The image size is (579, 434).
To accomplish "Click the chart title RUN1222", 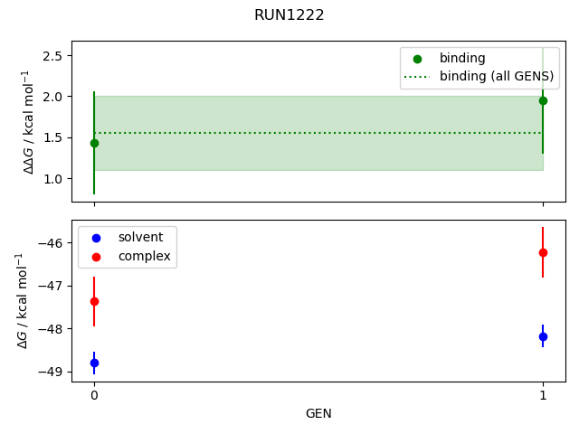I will click(x=289, y=15).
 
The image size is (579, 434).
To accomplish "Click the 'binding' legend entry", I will click(x=461, y=58).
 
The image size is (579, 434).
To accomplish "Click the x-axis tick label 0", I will click(x=94, y=395).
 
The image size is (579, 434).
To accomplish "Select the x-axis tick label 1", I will click(x=543, y=395).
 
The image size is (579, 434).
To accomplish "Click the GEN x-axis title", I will click(x=318, y=413).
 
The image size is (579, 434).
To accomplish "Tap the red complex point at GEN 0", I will click(x=94, y=301).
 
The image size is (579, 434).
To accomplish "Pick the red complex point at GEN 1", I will click(x=543, y=252).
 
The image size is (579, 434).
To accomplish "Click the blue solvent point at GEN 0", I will click(x=94, y=363).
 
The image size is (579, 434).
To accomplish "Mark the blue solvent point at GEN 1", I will click(x=543, y=336).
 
